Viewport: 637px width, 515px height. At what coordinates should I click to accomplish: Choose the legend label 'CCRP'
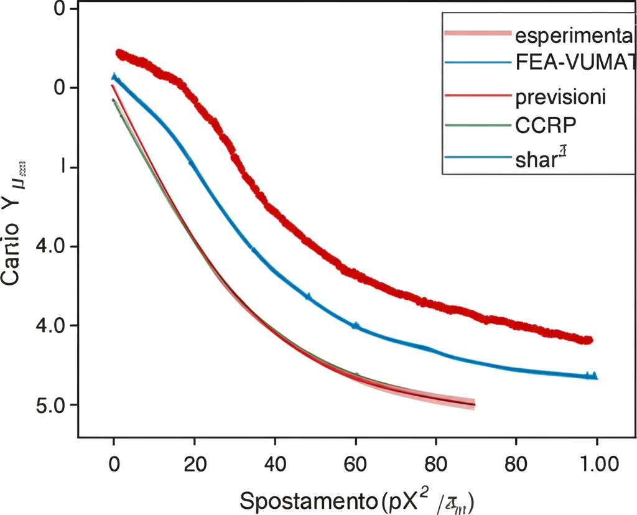546,124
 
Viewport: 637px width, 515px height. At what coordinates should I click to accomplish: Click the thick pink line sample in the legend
478,34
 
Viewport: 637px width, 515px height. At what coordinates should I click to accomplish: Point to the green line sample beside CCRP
478,125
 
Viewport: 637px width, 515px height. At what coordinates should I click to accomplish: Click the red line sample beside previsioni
478,97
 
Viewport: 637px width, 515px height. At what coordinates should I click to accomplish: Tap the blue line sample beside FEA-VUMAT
478,63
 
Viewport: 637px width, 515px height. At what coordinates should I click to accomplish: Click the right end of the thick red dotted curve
588,340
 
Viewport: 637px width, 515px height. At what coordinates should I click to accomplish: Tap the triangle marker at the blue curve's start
114,77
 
